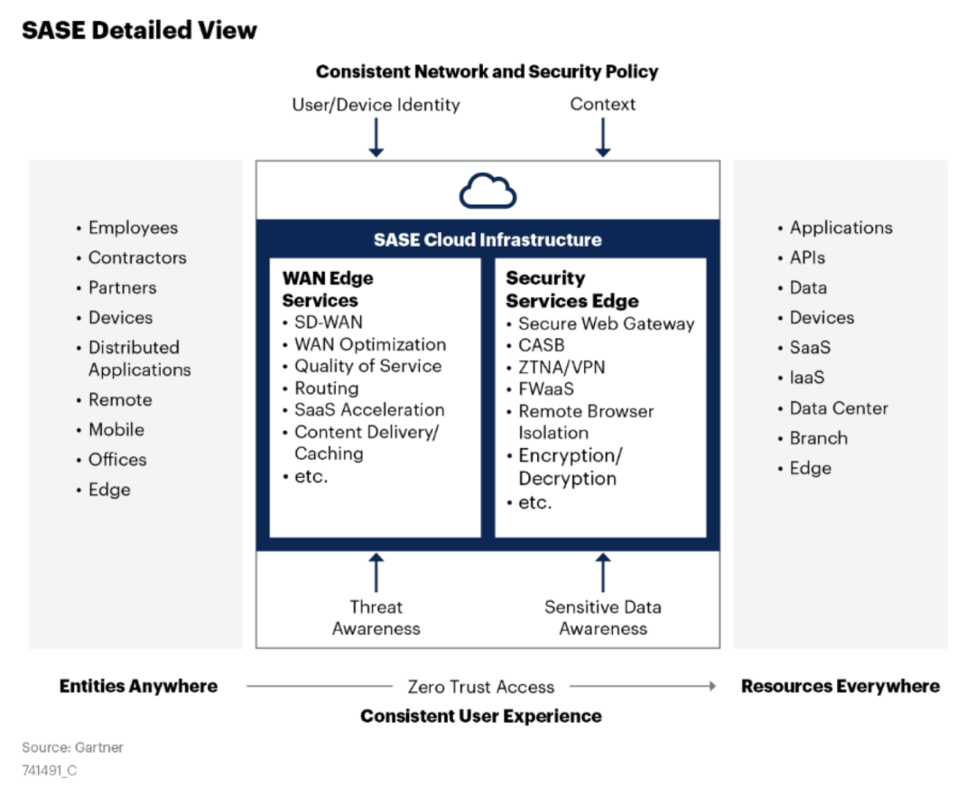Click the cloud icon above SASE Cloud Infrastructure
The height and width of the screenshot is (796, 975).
[x=487, y=191]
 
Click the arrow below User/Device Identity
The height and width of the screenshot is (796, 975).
[x=376, y=137]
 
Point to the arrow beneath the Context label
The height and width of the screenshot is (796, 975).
[x=603, y=137]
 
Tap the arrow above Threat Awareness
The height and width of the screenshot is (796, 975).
[x=376, y=573]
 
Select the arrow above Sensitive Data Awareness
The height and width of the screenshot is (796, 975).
[x=603, y=573]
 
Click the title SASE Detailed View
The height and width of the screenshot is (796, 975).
[x=139, y=30]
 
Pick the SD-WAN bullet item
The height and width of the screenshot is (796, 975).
[x=329, y=323]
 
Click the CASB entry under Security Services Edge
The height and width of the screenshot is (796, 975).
[x=541, y=345]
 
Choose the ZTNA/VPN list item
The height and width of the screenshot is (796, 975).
[x=562, y=368]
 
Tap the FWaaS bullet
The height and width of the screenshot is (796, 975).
[x=545, y=389]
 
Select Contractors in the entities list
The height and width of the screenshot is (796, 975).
[x=137, y=258]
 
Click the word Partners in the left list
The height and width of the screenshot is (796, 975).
[x=122, y=287]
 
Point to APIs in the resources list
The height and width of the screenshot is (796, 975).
[x=807, y=258]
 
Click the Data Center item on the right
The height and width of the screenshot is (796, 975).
[x=839, y=408]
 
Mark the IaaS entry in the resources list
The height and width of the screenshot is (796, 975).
[x=806, y=378]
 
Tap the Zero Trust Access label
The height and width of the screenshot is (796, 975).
[x=481, y=687]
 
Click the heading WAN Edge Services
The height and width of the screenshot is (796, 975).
[x=328, y=289]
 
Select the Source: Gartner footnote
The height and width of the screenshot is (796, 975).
[x=73, y=747]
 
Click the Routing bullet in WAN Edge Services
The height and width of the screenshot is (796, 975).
[x=326, y=389]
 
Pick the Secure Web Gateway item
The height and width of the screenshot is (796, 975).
[x=606, y=323]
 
